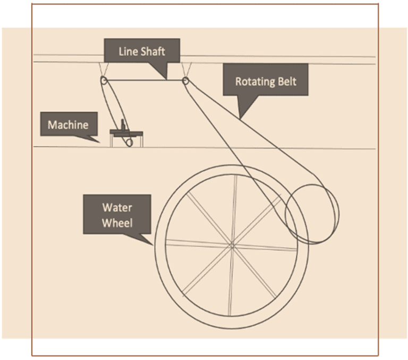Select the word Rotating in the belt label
click(x=252, y=82)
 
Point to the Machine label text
click(x=67, y=125)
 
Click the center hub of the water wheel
click(x=232, y=245)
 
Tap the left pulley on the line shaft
click(x=103, y=81)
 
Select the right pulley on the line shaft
click(x=185, y=81)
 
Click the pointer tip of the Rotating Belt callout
click(x=240, y=117)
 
